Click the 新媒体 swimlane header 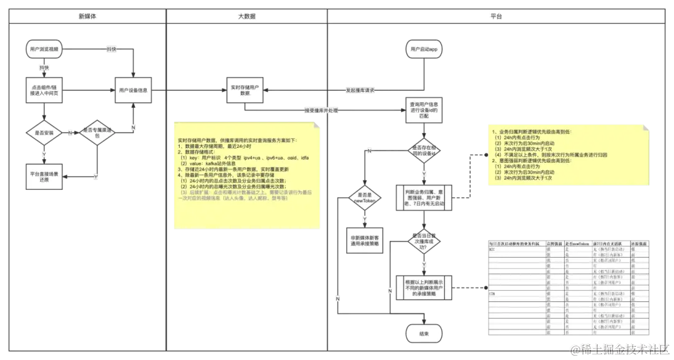pyautogui.click(x=87, y=16)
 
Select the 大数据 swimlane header pyautogui.click(x=247, y=16)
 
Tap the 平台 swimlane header pyautogui.click(x=497, y=16)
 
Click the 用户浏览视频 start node pyautogui.click(x=44, y=49)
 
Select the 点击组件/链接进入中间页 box pyautogui.click(x=44, y=90)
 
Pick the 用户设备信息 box pyautogui.click(x=134, y=90)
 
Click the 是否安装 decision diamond pyautogui.click(x=44, y=133)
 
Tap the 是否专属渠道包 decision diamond pyautogui.click(x=97, y=133)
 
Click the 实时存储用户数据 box pyautogui.click(x=245, y=90)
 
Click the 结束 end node pyautogui.click(x=424, y=334)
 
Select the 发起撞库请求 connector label pyautogui.click(x=359, y=90)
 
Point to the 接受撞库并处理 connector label pyautogui.click(x=322, y=110)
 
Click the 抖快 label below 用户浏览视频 pyautogui.click(x=44, y=67)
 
